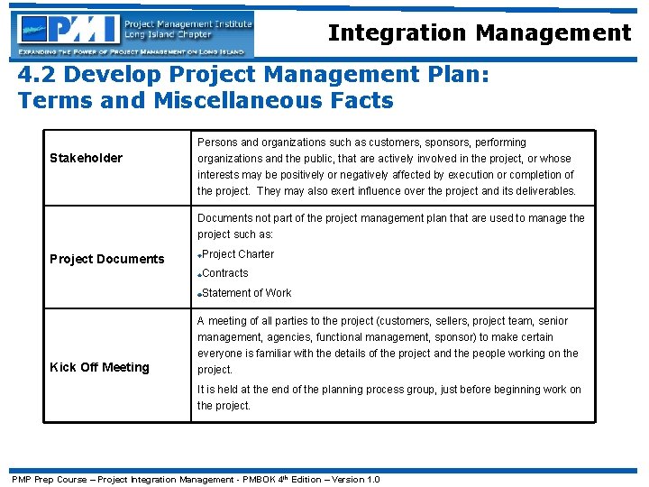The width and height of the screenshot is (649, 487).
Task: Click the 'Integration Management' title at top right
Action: [480, 33]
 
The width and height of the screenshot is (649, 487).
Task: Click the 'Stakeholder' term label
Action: [86, 159]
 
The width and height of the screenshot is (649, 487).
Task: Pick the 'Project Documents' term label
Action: [106, 259]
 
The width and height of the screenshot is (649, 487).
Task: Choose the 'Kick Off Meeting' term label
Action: [99, 367]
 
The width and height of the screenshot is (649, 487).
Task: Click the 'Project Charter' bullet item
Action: [238, 254]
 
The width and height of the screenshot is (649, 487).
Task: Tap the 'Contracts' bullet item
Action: [225, 273]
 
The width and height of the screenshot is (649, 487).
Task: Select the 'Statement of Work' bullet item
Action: [246, 293]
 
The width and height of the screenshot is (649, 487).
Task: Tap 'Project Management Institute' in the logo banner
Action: [187, 23]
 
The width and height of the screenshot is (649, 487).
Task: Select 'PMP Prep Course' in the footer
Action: [48, 479]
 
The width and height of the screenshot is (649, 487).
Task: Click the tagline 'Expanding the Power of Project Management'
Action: [99, 54]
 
